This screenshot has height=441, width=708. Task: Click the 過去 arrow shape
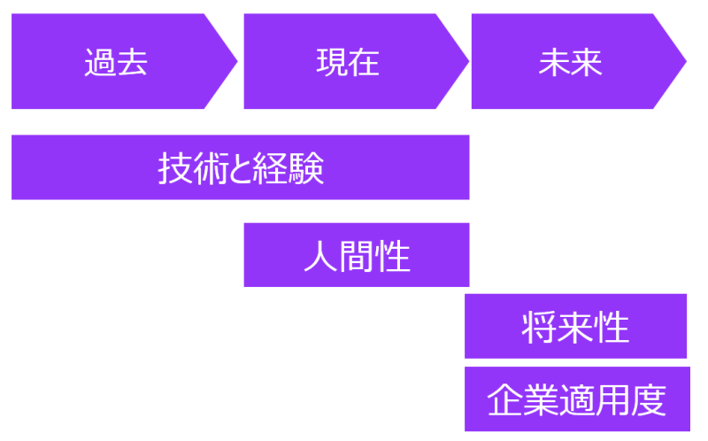tap(115, 62)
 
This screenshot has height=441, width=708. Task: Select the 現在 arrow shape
tap(348, 62)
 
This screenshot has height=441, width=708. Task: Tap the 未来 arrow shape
tap(570, 62)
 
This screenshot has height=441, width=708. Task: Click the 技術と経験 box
tap(240, 167)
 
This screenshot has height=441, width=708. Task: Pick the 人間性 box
tap(356, 255)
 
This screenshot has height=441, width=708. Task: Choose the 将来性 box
tap(575, 327)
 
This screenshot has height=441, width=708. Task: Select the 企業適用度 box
tap(575, 399)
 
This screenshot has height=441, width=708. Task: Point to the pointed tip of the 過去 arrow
tap(235, 61)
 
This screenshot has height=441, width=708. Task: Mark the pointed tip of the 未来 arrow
tap(685, 61)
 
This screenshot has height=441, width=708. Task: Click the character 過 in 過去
tap(99, 63)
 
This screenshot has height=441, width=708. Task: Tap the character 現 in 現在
tap(331, 63)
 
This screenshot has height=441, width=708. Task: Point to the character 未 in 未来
tap(554, 63)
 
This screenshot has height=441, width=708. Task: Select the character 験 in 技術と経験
tap(308, 167)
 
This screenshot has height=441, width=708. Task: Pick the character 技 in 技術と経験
tap(173, 167)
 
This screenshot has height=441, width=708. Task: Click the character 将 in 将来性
tap(539, 328)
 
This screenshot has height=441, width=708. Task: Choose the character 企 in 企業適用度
tap(504, 400)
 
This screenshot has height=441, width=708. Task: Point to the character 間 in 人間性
tap(357, 257)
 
